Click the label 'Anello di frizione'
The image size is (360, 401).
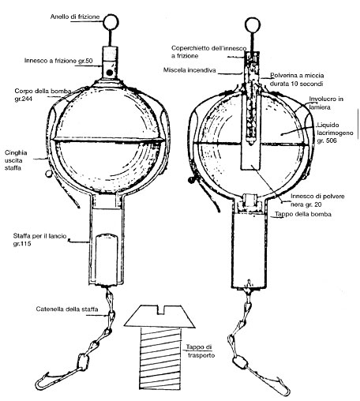point(75,17)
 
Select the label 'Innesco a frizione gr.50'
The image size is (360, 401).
point(58,61)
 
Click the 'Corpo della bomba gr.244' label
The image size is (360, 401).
point(43,95)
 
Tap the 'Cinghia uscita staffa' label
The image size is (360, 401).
point(16,160)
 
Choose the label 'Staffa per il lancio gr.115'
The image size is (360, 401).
point(39,239)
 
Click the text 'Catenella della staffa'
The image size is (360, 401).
point(67,309)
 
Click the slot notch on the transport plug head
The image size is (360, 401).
point(160,310)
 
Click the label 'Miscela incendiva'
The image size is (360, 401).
point(189,70)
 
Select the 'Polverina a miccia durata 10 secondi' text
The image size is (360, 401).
point(297,80)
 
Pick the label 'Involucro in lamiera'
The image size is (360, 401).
point(326,103)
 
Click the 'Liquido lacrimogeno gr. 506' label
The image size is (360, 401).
point(335,133)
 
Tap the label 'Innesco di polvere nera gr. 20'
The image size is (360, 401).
point(317,200)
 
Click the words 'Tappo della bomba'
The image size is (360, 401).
point(303,214)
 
